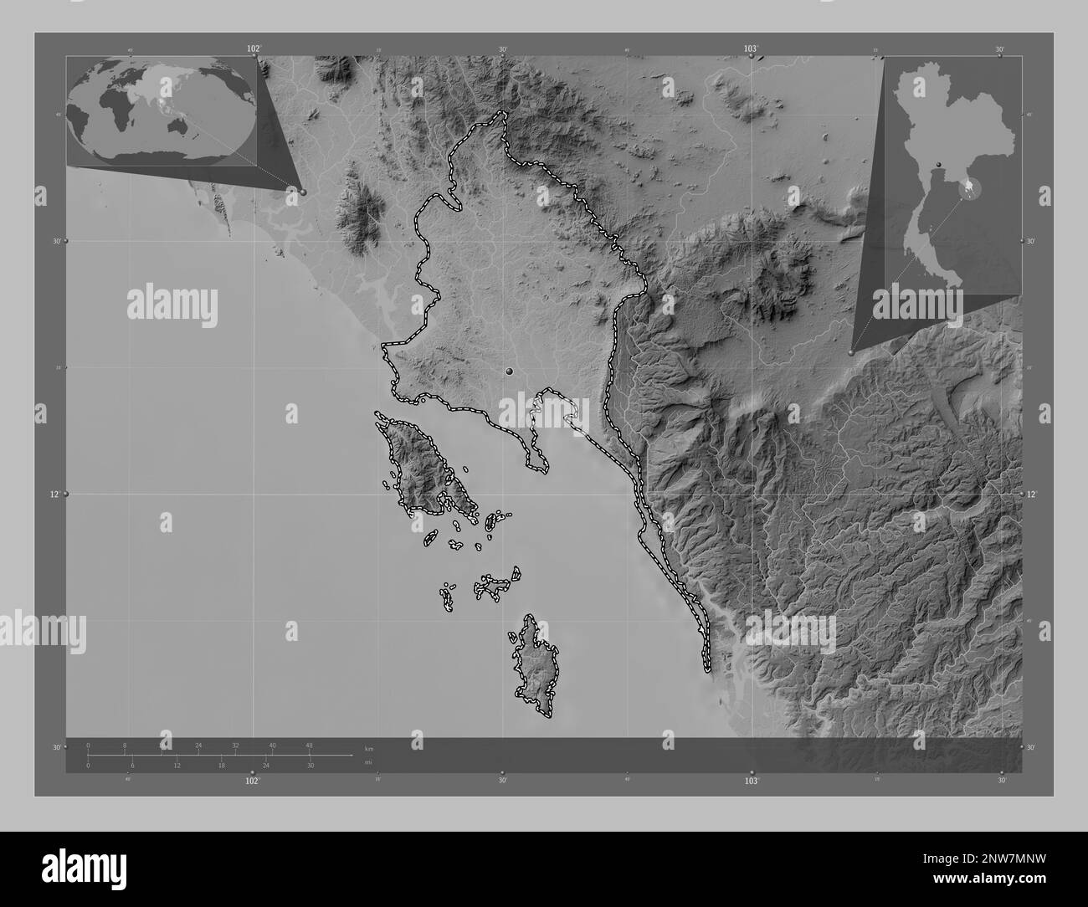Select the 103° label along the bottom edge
751,781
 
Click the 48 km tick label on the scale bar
309,745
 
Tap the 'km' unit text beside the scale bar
368,747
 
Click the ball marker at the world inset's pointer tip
303,192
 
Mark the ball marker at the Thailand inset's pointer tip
852,353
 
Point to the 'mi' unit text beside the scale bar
367,762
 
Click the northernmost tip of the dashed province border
502,113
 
